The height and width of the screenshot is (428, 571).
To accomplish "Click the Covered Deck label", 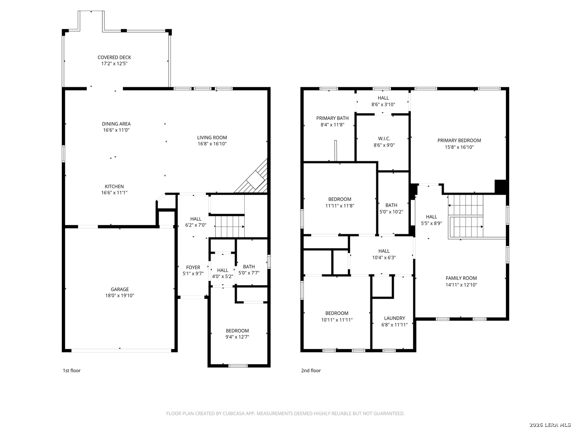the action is pos(114,57).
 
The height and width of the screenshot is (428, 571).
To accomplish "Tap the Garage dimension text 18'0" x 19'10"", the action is pos(120,296).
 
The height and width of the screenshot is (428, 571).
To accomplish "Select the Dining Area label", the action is pos(116,124).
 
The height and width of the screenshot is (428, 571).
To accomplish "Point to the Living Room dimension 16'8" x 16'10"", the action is pos(212,144).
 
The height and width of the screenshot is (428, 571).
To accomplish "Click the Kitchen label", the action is pos(114,187).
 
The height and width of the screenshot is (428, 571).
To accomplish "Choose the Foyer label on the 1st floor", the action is pos(193,267).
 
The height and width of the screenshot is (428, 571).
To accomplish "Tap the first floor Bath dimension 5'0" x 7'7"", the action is pos(249,273).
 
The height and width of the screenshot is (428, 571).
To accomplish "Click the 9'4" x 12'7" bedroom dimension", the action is pos(237,337).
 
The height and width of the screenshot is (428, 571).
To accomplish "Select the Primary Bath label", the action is pos(332,118).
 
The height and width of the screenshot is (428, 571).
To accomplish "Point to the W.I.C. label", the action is pos(384,139).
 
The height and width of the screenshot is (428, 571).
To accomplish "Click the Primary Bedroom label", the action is pos(459,141).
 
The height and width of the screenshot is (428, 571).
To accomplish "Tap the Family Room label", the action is pos(461,278).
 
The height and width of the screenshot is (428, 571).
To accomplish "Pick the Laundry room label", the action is pos(395,318).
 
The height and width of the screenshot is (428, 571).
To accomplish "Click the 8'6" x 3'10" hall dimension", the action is pos(383,105).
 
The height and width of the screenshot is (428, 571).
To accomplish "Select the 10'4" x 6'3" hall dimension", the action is pos(384,258).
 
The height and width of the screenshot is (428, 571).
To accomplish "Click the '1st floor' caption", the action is pos(71,371).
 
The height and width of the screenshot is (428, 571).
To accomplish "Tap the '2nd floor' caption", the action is pos(311,371).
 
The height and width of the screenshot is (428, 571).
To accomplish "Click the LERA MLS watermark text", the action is pos(550,424).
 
